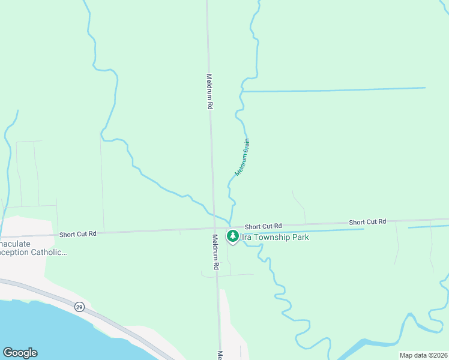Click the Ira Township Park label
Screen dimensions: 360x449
[x=275, y=238]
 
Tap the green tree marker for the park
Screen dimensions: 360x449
[x=232, y=236]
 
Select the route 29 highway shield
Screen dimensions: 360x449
[x=79, y=307]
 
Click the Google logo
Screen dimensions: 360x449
[x=20, y=353]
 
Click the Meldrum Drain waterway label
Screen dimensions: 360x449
[x=242, y=157]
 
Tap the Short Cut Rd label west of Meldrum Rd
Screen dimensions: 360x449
[x=78, y=233]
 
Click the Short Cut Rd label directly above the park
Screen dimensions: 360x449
[x=263, y=225]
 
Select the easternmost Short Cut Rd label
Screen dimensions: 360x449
[x=367, y=222]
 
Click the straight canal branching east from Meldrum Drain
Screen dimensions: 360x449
[x=336, y=89]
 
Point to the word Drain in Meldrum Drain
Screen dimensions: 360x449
[x=246, y=147]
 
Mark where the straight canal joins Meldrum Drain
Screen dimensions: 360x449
[x=241, y=91]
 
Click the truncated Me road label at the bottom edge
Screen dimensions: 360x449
[x=220, y=355]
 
